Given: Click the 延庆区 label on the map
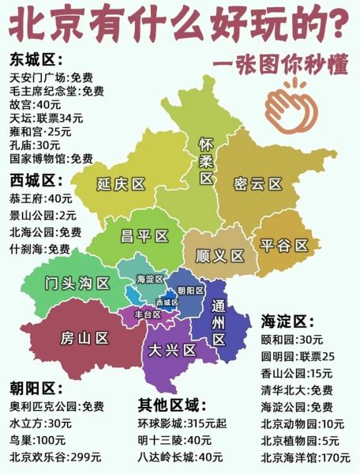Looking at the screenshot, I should click(122, 184).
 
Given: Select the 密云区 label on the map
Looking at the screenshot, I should click(258, 184).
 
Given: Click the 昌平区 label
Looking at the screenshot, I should click(144, 235).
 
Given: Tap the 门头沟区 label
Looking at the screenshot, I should click(78, 282).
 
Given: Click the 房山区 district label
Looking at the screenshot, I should click(84, 338).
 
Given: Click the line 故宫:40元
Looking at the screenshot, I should click(35, 104).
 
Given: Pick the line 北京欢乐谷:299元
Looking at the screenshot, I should click(54, 456).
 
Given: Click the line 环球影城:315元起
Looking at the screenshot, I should click(176, 423).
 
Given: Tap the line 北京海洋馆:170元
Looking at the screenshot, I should click(306, 457).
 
